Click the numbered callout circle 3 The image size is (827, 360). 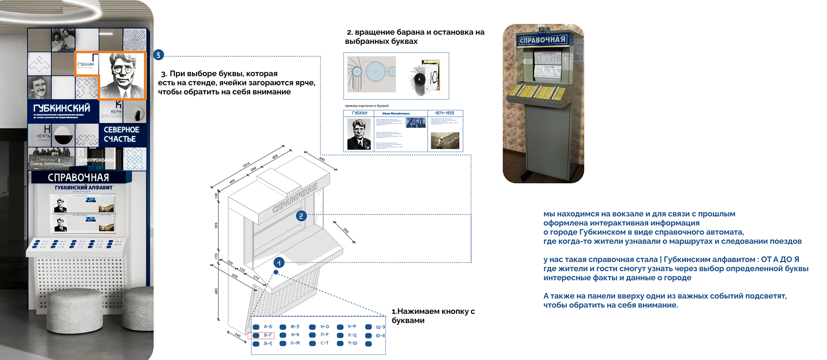pyautogui.click(x=158, y=55)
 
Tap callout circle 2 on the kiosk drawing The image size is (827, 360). pyautogui.click(x=301, y=216)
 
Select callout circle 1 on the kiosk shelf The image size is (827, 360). pyautogui.click(x=279, y=262)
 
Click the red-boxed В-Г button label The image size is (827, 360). pyautogui.click(x=267, y=335)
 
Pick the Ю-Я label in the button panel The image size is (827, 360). pyautogui.click(x=380, y=335)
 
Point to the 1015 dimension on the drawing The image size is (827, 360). pyautogui.click(x=246, y=165)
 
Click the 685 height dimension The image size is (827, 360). pyautogui.click(x=216, y=291)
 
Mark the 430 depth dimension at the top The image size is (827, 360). pyautogui.click(x=322, y=159)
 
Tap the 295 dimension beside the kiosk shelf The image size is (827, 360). pyautogui.click(x=345, y=231)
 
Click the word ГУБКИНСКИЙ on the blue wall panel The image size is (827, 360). pyautogui.click(x=62, y=108)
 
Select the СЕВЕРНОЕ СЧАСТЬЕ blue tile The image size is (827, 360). pyautogui.click(x=121, y=134)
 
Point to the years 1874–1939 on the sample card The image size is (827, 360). pyautogui.click(x=445, y=113)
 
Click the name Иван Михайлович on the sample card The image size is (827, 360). pyautogui.click(x=396, y=113)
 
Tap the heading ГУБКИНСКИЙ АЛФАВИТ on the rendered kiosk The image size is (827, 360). pyautogui.click(x=84, y=188)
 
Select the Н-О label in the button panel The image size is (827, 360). pyautogui.click(x=324, y=327)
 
